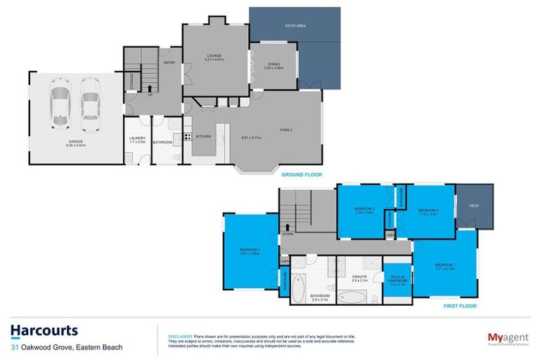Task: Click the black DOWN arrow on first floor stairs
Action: (288, 227)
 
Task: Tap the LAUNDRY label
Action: (137, 139)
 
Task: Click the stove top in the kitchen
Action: (187, 136)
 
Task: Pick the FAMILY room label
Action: (286, 130)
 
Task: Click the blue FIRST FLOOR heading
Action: (460, 307)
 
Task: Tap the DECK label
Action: (474, 205)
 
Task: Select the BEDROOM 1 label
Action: (445, 265)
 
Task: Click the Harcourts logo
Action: (44, 330)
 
